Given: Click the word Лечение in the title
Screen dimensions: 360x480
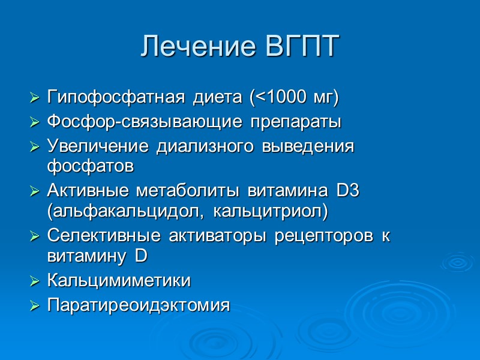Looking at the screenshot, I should click(x=197, y=47).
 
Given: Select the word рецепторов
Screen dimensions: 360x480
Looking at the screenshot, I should click(x=323, y=236).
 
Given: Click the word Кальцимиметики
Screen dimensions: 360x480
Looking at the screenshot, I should click(x=119, y=281).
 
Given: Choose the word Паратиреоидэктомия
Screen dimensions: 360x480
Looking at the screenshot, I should click(x=138, y=305).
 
